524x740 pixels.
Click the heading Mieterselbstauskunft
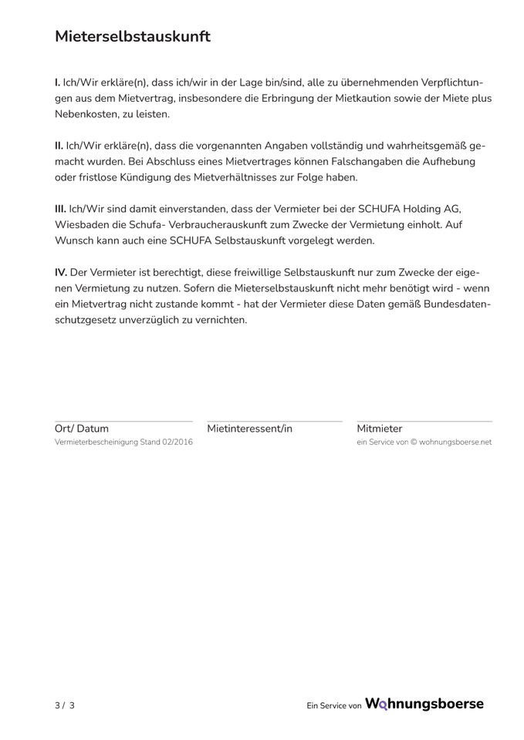(132, 36)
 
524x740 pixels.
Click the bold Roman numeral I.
(58, 82)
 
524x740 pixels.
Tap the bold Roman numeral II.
(59, 145)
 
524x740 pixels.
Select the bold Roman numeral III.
(60, 208)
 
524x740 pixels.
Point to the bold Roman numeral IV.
(61, 272)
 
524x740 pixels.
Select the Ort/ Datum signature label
(82, 429)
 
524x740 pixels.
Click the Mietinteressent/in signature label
(250, 429)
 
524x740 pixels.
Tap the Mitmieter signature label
(380, 429)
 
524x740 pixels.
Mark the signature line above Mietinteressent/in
(274, 421)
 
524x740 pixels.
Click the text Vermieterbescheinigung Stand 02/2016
(123, 442)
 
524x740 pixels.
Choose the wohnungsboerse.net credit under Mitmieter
(424, 442)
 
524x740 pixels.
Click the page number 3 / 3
(65, 705)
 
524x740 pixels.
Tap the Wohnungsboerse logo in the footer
(424, 704)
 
